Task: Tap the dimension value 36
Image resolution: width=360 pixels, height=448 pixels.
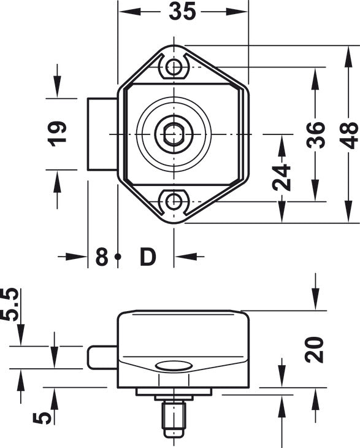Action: [x=315, y=134]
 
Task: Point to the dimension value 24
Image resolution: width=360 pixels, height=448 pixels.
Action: [x=282, y=178]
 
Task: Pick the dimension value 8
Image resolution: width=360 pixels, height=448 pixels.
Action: [x=101, y=257]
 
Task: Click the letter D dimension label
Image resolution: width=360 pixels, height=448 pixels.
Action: [x=147, y=257]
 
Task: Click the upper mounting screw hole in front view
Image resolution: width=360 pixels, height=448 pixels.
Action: [x=175, y=66]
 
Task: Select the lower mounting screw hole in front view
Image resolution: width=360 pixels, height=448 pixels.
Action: [x=175, y=201]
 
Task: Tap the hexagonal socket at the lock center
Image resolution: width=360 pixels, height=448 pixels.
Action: [x=174, y=134]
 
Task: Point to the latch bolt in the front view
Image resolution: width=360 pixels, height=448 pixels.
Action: [x=102, y=134]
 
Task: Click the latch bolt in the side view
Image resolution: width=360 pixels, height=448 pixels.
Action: [x=101, y=357]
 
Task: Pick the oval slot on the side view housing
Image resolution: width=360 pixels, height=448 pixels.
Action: [x=174, y=366]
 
